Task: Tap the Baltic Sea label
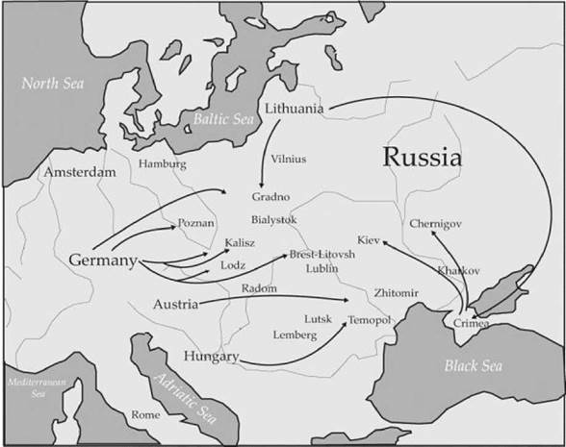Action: [224, 118]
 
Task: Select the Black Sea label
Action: [473, 365]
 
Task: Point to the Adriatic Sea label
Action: [183, 395]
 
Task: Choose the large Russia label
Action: [423, 157]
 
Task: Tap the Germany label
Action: [104, 261]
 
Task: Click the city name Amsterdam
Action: [78, 172]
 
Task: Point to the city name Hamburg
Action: [163, 163]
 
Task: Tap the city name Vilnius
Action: [290, 155]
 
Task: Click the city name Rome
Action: [146, 414]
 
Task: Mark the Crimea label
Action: [470, 323]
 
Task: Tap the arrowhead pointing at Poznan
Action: [175, 225]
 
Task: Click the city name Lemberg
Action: [295, 334]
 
